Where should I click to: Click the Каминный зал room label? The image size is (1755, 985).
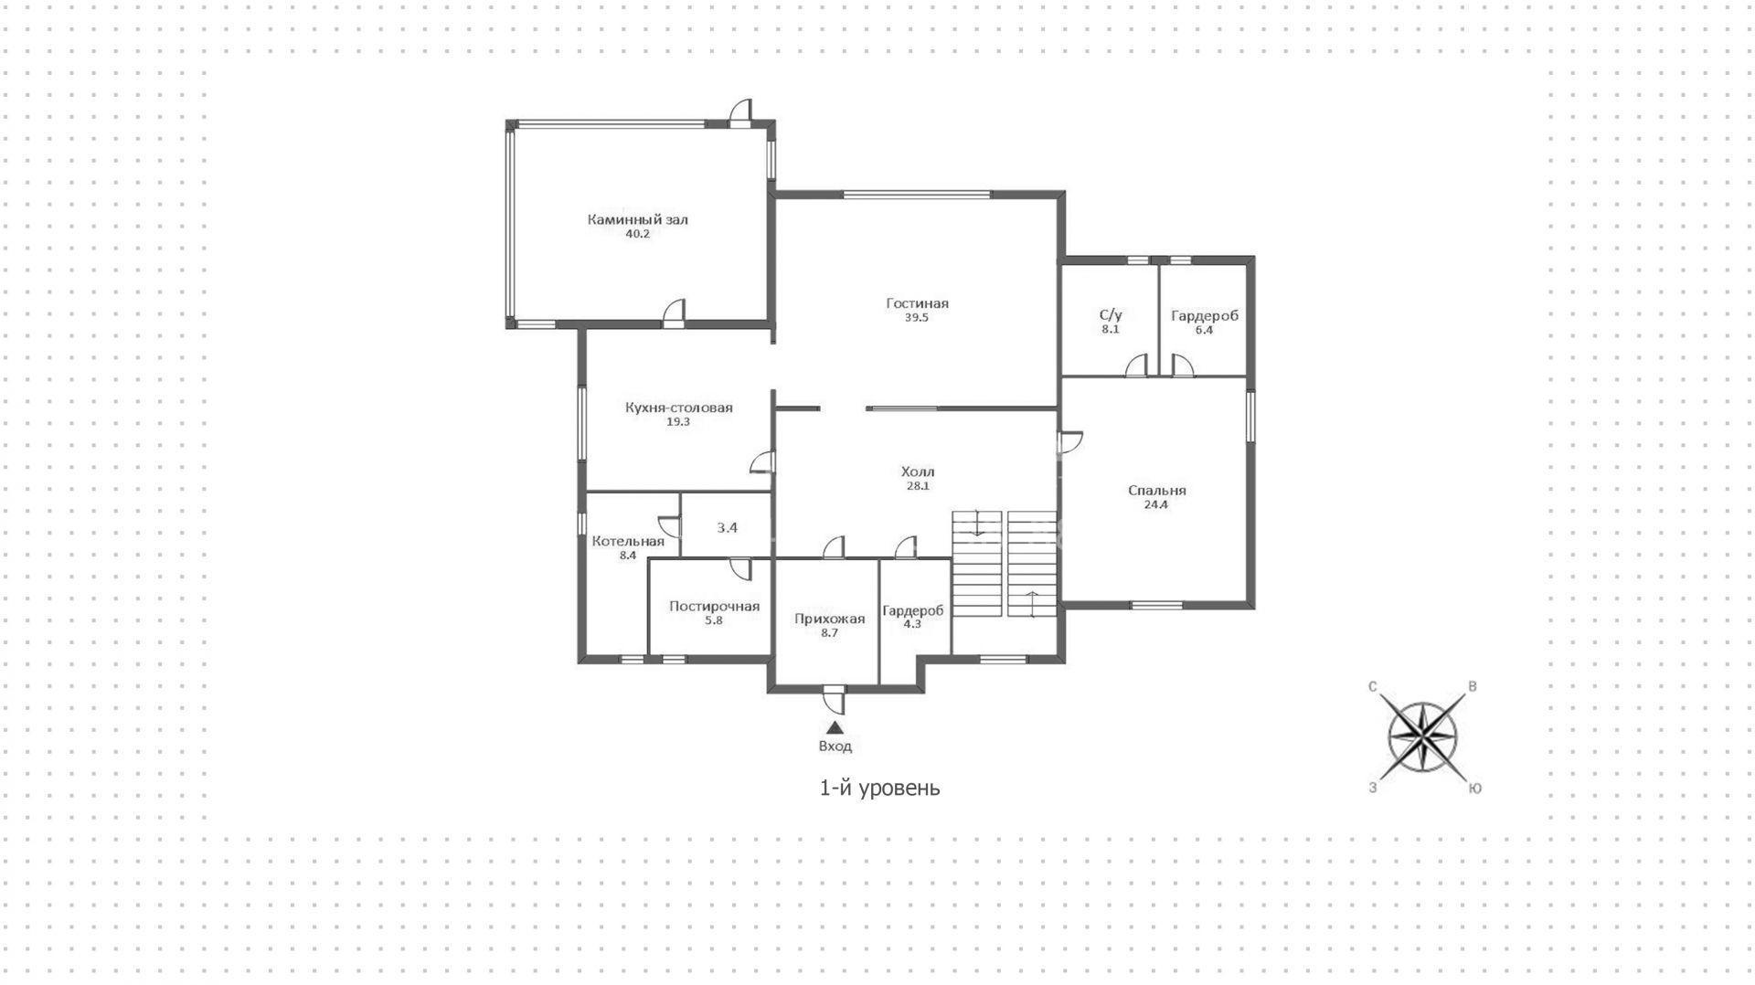(637, 219)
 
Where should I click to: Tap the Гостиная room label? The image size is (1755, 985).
(917, 303)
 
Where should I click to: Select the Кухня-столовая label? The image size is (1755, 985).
(678, 408)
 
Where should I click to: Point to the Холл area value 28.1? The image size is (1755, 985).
(918, 486)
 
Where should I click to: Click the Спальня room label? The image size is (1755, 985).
(1156, 491)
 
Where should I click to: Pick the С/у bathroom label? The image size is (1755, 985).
(1111, 315)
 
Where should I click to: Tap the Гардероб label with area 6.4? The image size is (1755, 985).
(1204, 316)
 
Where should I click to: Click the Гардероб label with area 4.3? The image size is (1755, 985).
(912, 610)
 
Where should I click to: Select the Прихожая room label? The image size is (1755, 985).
(829, 619)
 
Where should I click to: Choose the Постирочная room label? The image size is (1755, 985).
(714, 606)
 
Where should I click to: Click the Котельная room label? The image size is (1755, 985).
(628, 541)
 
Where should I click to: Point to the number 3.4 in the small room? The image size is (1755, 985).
(727, 527)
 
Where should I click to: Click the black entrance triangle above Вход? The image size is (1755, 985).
(835, 727)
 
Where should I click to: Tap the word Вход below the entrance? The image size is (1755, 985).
(835, 747)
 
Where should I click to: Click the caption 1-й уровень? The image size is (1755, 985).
(879, 787)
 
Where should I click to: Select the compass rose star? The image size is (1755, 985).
(1423, 736)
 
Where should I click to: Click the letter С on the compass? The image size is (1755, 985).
(1373, 687)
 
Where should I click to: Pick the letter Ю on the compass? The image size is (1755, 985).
(1474, 788)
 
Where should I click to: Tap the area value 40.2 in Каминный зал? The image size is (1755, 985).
(637, 234)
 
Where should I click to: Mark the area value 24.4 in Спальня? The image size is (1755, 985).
(1156, 504)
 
